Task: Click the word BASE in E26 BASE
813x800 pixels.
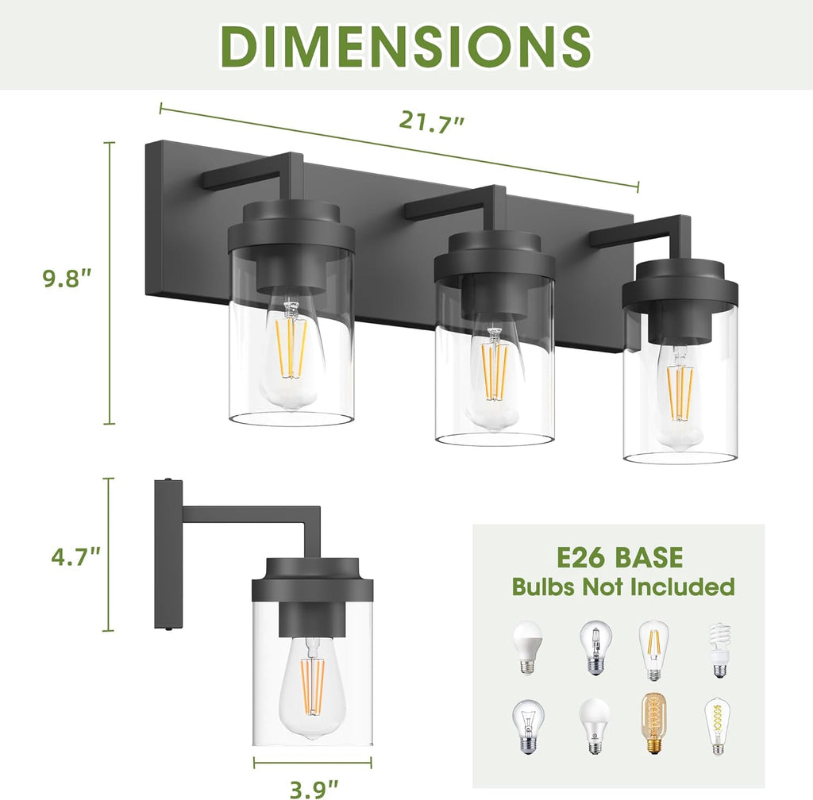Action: pyautogui.click(x=646, y=557)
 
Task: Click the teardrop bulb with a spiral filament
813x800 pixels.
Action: pyautogui.click(x=717, y=726)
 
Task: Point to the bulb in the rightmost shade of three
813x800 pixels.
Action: pyautogui.click(x=680, y=397)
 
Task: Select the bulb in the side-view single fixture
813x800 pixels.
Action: pyautogui.click(x=312, y=687)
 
